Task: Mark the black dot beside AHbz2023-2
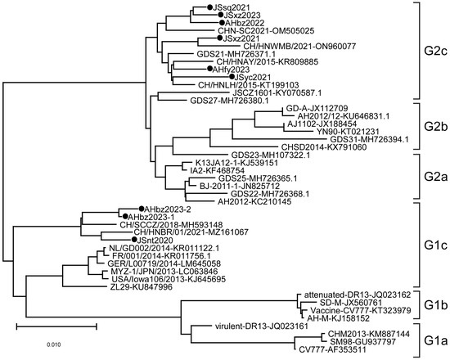(x=141, y=209)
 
